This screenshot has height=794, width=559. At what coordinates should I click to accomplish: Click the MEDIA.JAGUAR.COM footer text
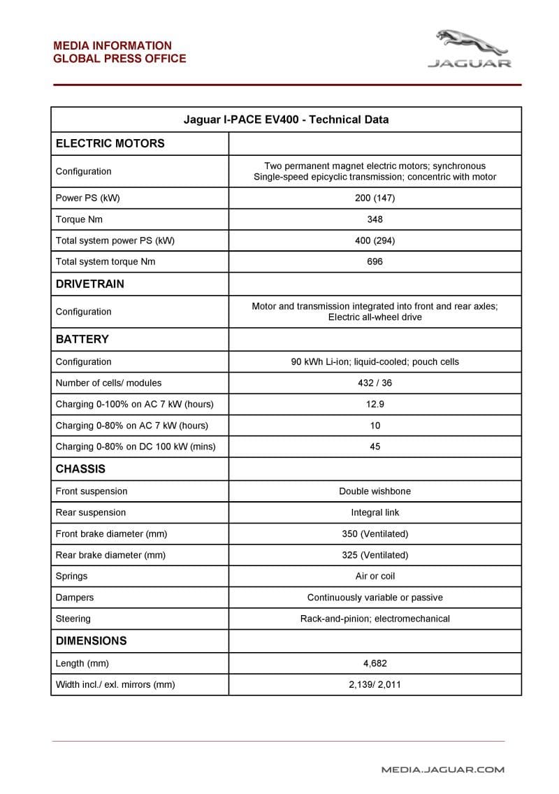[442, 770]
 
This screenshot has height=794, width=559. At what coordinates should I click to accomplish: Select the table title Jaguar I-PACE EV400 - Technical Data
[286, 120]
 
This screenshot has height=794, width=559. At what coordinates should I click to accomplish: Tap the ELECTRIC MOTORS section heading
[110, 143]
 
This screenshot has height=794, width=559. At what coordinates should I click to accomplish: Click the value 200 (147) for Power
[375, 198]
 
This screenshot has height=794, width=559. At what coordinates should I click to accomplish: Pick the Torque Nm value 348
[375, 219]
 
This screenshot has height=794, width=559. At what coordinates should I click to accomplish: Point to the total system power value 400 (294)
[375, 240]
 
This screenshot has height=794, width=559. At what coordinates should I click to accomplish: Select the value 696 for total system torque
[375, 261]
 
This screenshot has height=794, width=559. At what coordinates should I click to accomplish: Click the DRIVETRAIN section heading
[90, 284]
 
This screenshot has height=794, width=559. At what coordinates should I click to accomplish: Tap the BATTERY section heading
[82, 339]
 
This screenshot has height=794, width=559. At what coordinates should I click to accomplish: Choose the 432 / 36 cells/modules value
[375, 383]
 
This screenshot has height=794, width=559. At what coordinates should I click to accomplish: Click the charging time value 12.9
[375, 404]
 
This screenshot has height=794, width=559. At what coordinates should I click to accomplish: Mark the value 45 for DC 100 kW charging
[375, 447]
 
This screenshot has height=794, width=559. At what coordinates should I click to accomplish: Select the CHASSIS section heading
[80, 469]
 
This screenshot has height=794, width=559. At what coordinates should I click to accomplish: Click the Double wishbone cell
[375, 491]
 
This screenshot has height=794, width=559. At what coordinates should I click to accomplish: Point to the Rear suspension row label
[91, 512]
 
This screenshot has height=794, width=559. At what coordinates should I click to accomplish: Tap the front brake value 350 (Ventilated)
[375, 534]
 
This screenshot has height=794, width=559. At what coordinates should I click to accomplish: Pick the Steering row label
[73, 619]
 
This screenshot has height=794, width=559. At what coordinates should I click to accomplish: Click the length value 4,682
[375, 663]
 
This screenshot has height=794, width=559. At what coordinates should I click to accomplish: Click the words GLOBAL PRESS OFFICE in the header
[119, 59]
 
